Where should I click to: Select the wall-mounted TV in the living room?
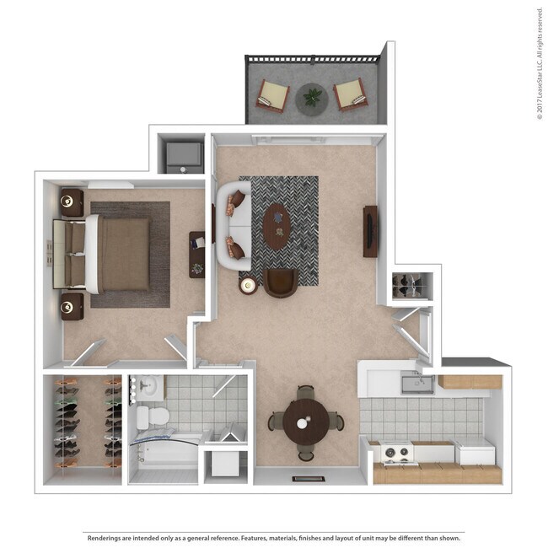tap(369, 230)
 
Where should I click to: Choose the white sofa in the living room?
tap(231, 226)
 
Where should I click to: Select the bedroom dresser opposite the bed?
tap(196, 254)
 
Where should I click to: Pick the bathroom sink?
tap(148, 387)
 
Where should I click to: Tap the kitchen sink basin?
tap(416, 384)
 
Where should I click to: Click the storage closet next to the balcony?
tap(183, 154)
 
